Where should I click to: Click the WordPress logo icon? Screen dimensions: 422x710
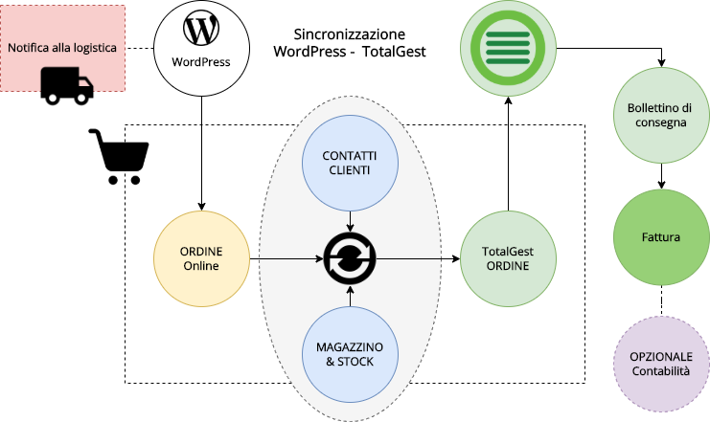pos(201,29)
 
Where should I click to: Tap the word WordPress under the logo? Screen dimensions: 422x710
pos(201,63)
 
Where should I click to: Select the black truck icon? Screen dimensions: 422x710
pos(68,80)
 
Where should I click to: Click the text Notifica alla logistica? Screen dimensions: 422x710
pos(62,47)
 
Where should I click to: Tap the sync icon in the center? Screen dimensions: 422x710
pos(350,257)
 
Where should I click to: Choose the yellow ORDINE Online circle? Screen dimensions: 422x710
pos(201,258)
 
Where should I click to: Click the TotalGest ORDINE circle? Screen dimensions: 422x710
pos(507,258)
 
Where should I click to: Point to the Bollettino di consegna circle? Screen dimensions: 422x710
pos(660,115)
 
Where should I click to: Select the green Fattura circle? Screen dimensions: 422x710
pos(660,236)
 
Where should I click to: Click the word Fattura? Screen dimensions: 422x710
pos(660,236)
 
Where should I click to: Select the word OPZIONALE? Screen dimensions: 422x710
pos(660,356)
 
